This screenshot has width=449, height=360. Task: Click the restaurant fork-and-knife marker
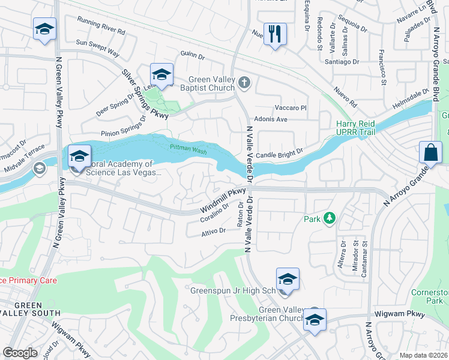tap(275, 34)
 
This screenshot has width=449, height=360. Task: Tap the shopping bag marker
tap(431, 152)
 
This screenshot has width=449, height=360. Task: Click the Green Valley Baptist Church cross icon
tap(244, 82)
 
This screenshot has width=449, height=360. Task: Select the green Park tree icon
tap(329, 219)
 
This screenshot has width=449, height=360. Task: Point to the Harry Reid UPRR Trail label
tap(355, 127)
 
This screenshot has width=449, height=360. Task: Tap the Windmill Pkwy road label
tap(223, 200)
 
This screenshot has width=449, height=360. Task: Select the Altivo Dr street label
tap(212, 230)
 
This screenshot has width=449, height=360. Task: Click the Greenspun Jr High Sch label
tap(232, 290)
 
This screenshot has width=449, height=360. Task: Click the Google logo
tap(20, 353)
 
